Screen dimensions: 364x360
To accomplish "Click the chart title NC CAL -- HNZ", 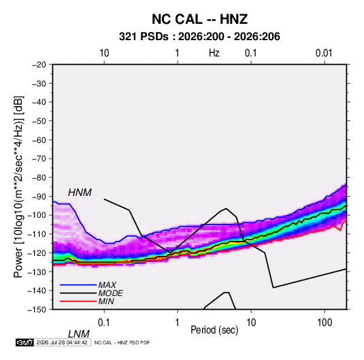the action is [x=199, y=19].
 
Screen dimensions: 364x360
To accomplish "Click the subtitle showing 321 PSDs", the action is [x=199, y=37].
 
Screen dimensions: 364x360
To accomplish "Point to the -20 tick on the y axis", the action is [x=39, y=65].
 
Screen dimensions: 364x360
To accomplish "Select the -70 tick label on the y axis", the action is [x=39, y=159].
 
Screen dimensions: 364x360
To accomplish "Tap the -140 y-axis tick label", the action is [x=37, y=291].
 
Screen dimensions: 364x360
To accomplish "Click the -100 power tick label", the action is [x=37, y=215].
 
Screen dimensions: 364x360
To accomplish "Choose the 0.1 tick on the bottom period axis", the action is [x=103, y=323].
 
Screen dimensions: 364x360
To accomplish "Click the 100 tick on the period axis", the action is [x=325, y=323].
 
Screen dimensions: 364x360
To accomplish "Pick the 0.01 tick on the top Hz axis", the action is [x=324, y=53].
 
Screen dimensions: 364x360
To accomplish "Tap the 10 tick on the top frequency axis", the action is [x=104, y=53].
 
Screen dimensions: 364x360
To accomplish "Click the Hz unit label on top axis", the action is [x=214, y=53].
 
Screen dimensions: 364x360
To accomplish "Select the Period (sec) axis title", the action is [x=214, y=330].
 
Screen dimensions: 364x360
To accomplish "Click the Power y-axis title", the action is [x=18, y=187].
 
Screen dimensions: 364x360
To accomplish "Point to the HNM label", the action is [x=80, y=193].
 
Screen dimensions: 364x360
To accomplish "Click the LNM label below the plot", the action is [x=78, y=334].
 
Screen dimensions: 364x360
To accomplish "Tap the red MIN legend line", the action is [x=78, y=301].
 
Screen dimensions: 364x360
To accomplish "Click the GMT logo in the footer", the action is [x=24, y=342].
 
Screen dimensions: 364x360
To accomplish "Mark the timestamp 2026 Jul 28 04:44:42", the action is [x=62, y=342].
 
